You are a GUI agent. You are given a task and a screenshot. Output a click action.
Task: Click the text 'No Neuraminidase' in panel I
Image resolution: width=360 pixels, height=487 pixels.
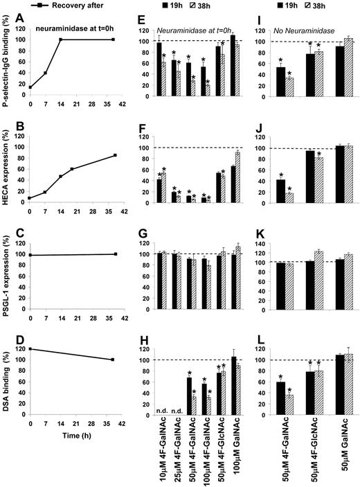click(302, 33)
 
